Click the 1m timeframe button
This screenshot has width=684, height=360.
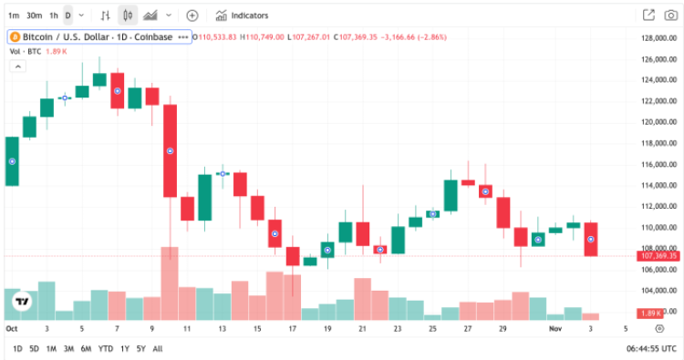tap(13, 15)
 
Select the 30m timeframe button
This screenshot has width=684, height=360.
tap(34, 15)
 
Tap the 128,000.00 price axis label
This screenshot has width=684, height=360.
tap(656, 37)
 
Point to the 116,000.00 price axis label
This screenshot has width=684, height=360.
tap(656, 164)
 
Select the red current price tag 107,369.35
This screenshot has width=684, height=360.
tap(656, 257)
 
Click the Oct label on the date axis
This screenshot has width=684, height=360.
tap(12, 327)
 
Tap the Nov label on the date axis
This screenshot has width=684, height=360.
tap(556, 327)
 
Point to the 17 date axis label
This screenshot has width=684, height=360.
tap(293, 327)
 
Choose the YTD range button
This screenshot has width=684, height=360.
tap(106, 348)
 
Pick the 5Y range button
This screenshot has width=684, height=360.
tap(141, 348)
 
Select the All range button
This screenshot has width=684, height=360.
tap(158, 348)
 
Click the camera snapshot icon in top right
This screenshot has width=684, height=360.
tap(672, 15)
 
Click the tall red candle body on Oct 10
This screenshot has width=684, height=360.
tap(170, 150)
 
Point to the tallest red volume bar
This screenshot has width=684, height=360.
tap(170, 283)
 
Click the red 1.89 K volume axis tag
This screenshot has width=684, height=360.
tap(650, 313)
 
